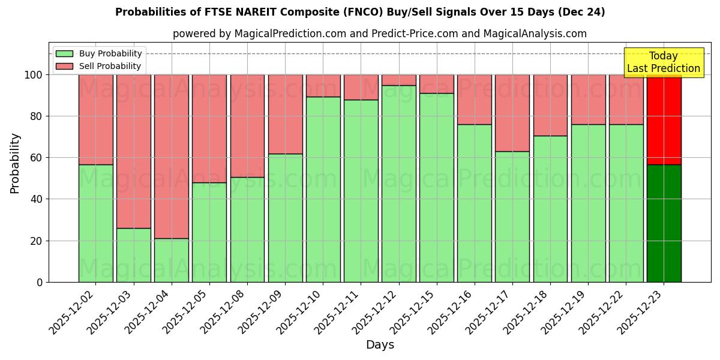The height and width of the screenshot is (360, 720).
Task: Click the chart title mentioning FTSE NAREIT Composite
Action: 360,12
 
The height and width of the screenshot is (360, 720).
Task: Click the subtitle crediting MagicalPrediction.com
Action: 379,34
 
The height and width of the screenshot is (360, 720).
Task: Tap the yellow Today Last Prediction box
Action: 664,62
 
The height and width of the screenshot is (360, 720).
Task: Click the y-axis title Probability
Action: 15,163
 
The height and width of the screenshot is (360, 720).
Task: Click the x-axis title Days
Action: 380,345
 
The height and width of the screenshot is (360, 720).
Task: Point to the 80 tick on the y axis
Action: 38,116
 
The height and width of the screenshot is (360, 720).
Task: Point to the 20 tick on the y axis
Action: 38,241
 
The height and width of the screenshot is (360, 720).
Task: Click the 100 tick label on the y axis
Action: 35,75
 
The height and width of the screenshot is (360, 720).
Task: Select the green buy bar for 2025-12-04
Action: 172,260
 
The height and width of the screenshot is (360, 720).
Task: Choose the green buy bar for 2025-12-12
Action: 399,184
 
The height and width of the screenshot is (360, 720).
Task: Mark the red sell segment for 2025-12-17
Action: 512,113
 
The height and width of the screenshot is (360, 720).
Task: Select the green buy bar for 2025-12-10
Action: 323,189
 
